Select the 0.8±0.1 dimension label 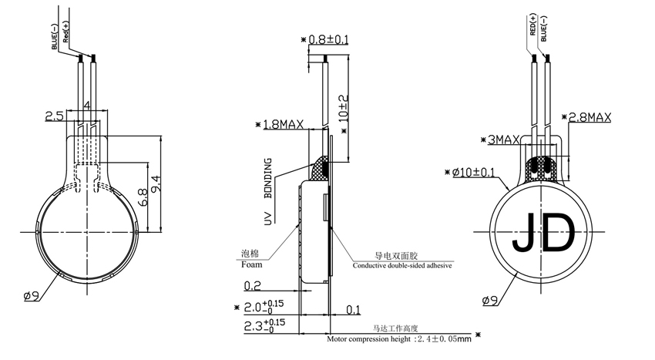(x=328, y=40)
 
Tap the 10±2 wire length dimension (x=343, y=108)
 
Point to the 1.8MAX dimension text (x=284, y=124)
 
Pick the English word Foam (x=251, y=264)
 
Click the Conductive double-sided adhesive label (x=402, y=265)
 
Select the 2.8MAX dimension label (x=589, y=117)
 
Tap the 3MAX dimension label (x=504, y=140)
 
